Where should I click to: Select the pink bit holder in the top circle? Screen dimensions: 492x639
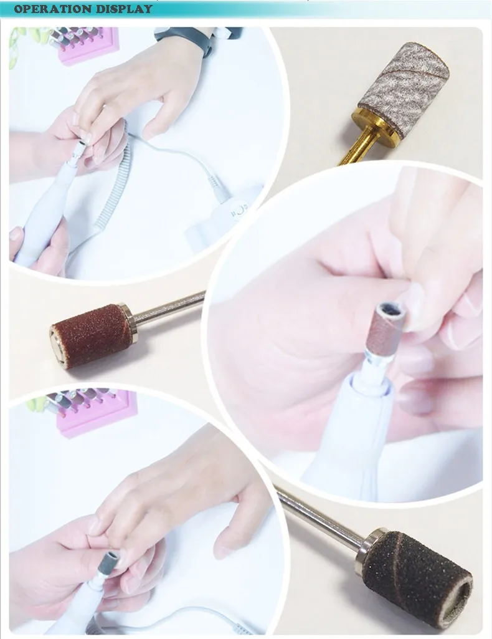[87, 46]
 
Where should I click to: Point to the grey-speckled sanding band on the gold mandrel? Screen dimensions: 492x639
[403, 89]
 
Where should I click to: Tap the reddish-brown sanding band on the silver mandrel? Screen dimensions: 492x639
[91, 337]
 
